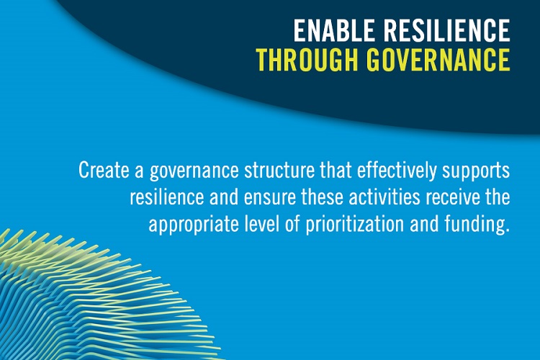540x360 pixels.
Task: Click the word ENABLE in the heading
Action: [x=334, y=30]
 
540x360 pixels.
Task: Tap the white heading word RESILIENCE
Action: [x=446, y=30]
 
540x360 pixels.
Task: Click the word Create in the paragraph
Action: [x=104, y=170]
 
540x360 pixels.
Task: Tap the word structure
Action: [x=279, y=171]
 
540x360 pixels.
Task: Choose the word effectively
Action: [x=397, y=171]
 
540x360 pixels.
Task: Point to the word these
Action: [x=323, y=197]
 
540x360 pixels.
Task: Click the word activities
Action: [x=384, y=197]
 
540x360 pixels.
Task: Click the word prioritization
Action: [x=355, y=225]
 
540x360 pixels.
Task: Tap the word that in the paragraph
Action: [x=336, y=170]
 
